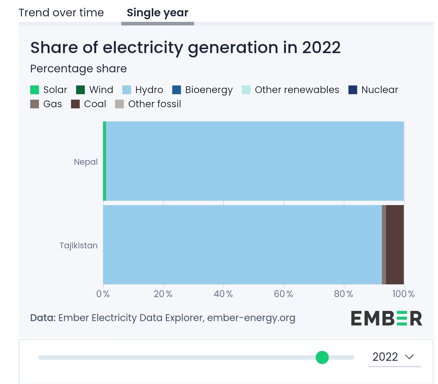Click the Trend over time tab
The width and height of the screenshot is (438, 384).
click(x=61, y=13)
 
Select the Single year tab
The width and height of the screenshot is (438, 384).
click(x=157, y=13)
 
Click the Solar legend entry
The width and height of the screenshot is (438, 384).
click(x=49, y=90)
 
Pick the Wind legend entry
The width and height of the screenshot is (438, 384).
click(x=95, y=90)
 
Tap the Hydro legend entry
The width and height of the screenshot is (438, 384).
click(x=143, y=90)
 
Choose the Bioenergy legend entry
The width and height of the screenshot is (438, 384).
click(x=202, y=90)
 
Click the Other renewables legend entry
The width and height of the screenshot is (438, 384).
click(x=291, y=90)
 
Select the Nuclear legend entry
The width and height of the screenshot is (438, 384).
click(x=373, y=90)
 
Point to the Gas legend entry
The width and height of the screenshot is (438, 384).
click(x=46, y=104)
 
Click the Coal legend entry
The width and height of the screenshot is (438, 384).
click(x=88, y=104)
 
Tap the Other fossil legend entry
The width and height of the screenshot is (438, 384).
click(x=148, y=104)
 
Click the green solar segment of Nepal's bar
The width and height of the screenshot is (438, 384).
click(x=104, y=161)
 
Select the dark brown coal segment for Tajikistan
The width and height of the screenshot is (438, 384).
click(x=395, y=245)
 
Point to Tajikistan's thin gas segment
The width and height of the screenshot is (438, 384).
click(x=384, y=245)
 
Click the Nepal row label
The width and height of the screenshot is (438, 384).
click(x=86, y=162)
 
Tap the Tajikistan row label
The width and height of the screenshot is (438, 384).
click(x=79, y=245)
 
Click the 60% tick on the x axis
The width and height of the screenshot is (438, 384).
click(x=283, y=294)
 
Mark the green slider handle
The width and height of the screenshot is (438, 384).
click(x=322, y=357)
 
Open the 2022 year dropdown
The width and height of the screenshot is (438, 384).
click(x=394, y=357)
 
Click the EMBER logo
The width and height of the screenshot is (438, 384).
click(x=386, y=318)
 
